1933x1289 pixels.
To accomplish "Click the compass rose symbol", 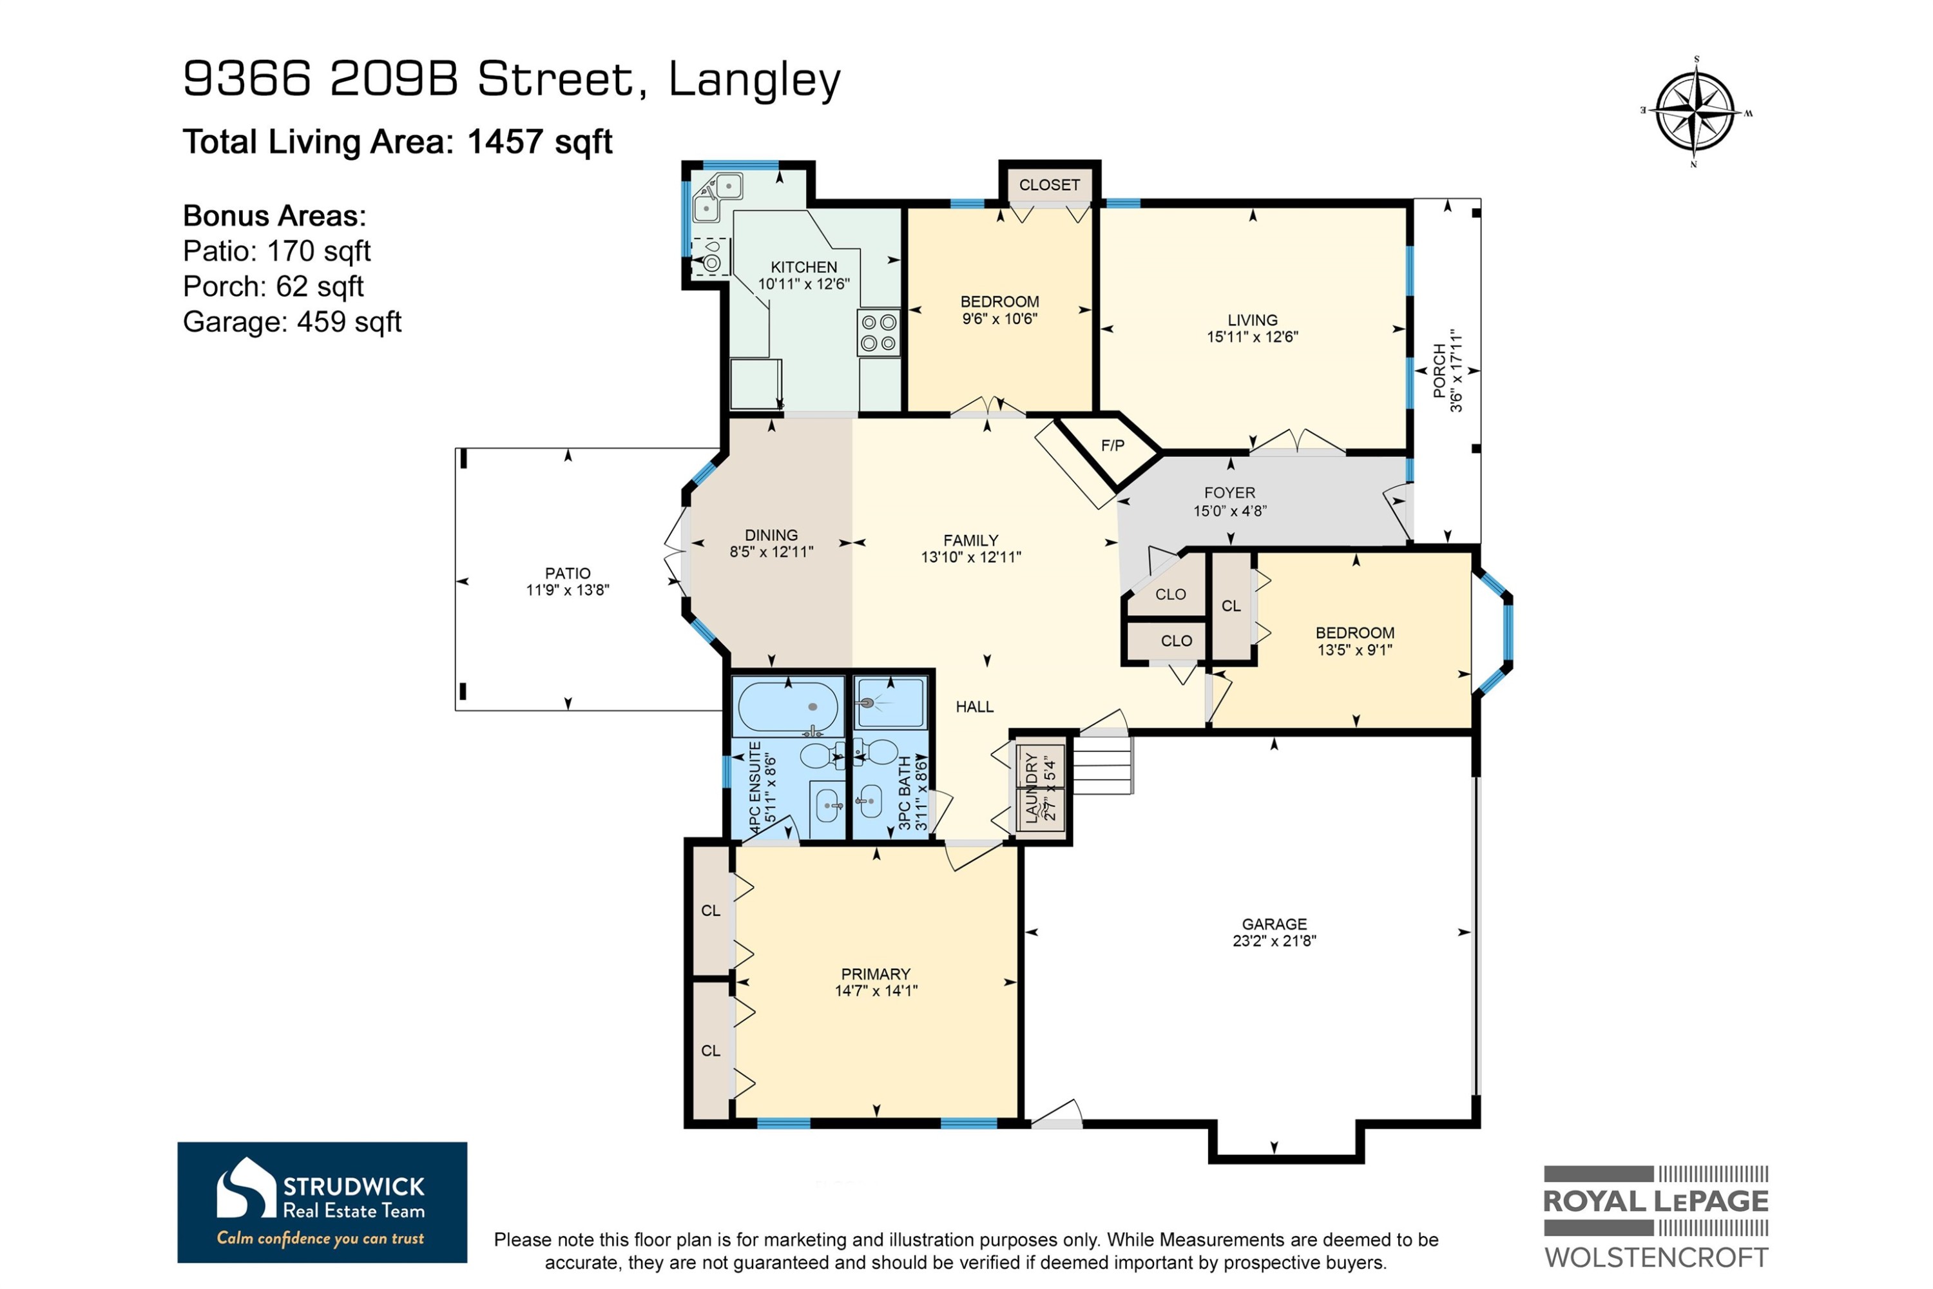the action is pos(1697,111).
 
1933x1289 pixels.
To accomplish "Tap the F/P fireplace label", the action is pos(1113,445).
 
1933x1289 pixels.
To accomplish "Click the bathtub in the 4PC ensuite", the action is pos(788,707).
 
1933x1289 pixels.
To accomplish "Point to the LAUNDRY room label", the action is pos(1032,788).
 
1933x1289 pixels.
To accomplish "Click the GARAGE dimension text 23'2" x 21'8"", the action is pos(1274,940).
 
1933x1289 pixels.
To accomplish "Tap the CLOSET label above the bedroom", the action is pos(1050,185).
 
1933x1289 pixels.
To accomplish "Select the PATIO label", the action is pos(568,573).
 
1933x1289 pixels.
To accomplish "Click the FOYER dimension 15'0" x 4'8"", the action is pos(1230,510).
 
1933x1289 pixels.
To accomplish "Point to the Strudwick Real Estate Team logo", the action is pos(322,1202).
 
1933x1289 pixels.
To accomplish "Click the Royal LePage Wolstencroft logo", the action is pos(1656,1217).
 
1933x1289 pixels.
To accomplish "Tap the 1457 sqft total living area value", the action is pos(540,141).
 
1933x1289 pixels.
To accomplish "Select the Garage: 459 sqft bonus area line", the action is pos(292,322).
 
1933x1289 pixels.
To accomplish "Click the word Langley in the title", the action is pos(755,81).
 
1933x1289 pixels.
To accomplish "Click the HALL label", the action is pos(975,706).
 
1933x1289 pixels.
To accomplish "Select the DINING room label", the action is pos(771,534).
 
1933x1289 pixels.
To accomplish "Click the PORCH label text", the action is pos(1439,371).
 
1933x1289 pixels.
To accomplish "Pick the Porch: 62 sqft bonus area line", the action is pos(273,286).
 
